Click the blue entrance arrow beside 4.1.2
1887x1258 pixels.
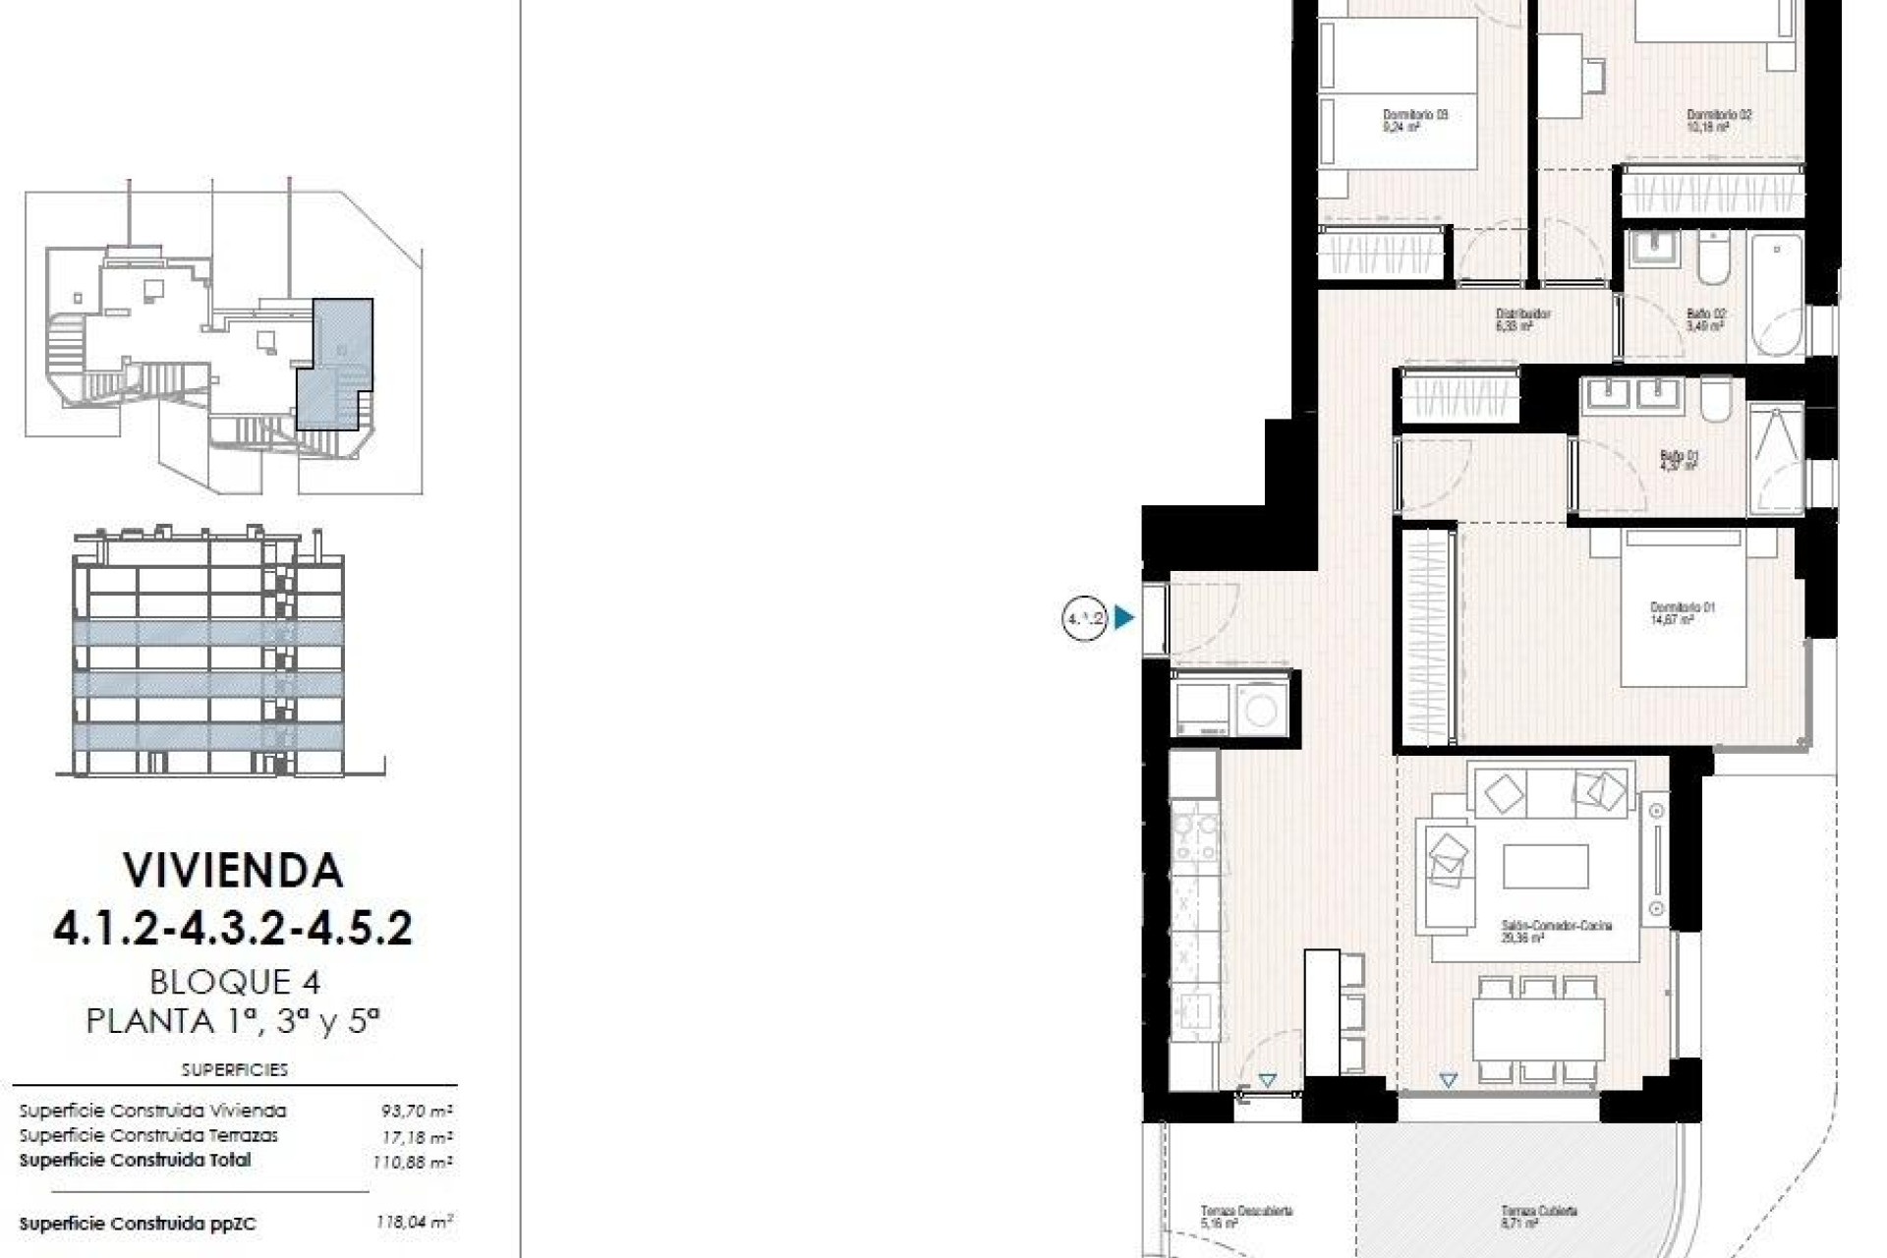1124,618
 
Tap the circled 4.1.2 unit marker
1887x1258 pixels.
1085,618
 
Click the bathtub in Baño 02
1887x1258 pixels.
1776,295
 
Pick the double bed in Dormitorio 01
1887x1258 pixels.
1683,607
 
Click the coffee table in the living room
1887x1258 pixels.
1545,867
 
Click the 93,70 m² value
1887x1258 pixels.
417,1112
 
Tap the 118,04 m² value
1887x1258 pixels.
414,1224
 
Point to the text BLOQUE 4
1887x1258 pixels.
235,982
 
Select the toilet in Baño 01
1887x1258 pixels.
1717,401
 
